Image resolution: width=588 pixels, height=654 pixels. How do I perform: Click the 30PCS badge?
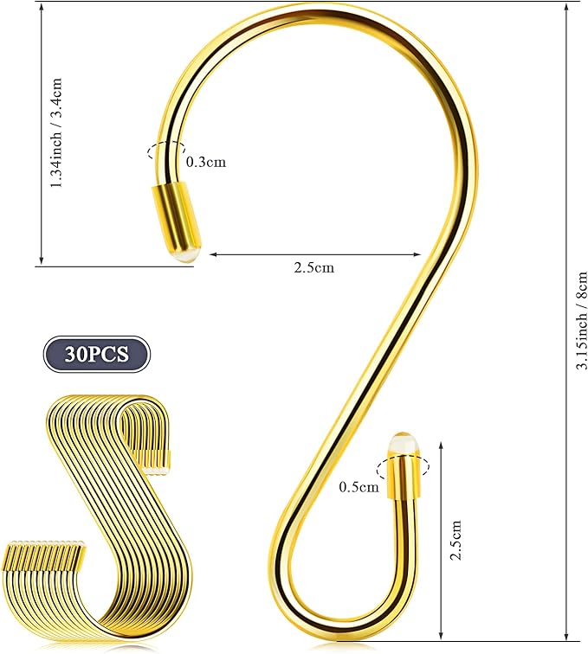pos(96,354)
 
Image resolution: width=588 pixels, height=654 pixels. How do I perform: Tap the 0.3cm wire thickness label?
pos(206,162)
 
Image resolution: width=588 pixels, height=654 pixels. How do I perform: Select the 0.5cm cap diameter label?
pos(359,487)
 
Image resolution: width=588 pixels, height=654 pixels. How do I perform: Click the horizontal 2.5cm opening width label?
pos(314,267)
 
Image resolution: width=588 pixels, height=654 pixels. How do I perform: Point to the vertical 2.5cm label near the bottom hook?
pos(456,540)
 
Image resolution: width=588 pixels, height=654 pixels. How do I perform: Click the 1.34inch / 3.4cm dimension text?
pos(56,132)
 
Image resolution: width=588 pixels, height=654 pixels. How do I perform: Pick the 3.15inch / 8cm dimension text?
pos(582,320)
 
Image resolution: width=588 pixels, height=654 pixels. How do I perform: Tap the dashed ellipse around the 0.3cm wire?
pos(166,151)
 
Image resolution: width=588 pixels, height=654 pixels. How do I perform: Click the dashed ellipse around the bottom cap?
pos(403,466)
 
